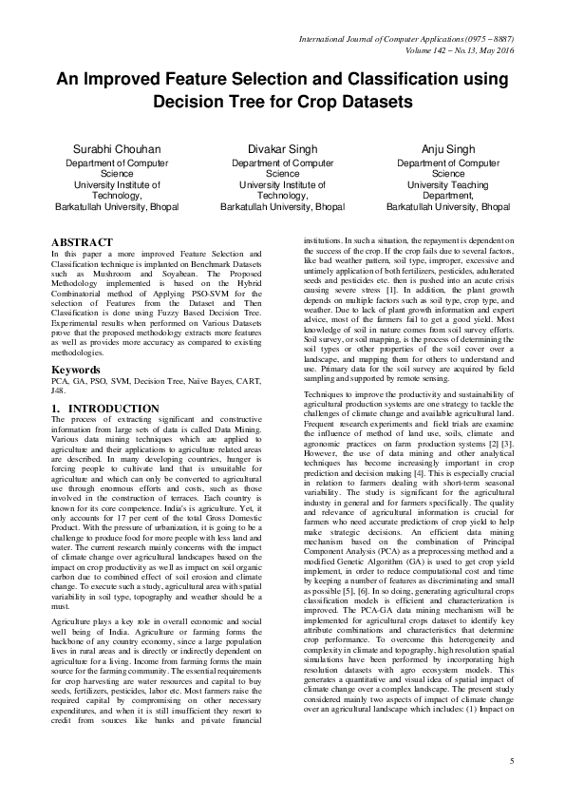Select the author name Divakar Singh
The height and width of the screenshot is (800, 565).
[x=282, y=150]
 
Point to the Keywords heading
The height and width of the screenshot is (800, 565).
[x=76, y=341]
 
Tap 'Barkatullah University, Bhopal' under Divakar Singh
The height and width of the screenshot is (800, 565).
[x=282, y=205]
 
